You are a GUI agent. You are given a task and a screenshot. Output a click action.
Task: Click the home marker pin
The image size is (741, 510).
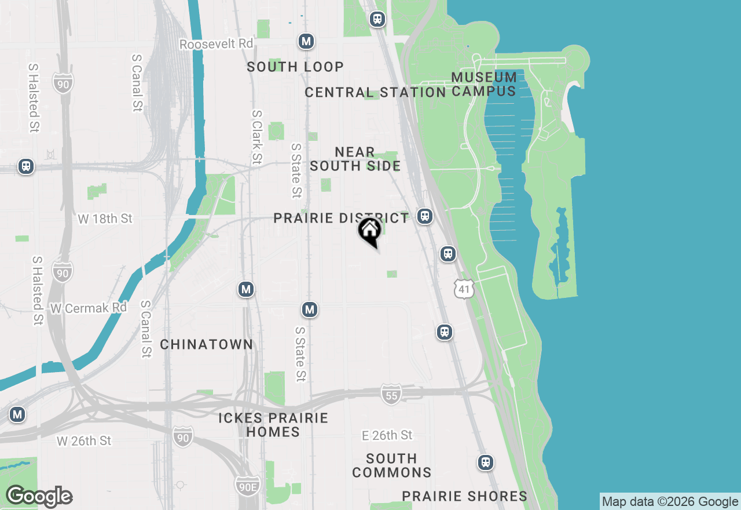(369, 231)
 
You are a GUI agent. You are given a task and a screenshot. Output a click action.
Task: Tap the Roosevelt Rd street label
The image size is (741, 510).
(217, 44)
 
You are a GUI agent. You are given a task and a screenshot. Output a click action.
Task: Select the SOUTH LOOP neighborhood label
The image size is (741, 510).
(295, 67)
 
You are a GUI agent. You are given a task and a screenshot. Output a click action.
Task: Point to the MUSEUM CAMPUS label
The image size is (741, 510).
(484, 84)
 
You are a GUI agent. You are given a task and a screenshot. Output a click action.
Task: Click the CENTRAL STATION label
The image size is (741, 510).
(375, 93)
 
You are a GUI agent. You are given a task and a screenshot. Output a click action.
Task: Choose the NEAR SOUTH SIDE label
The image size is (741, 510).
(355, 159)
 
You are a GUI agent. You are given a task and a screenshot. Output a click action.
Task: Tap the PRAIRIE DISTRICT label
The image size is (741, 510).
(341, 218)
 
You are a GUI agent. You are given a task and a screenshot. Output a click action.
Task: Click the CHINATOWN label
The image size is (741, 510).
(207, 345)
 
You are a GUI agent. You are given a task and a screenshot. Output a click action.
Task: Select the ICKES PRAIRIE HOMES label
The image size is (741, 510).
(273, 425)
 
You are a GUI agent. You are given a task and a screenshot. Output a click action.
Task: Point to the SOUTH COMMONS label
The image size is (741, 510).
(392, 465)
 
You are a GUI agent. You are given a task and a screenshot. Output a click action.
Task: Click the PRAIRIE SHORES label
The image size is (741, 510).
(465, 497)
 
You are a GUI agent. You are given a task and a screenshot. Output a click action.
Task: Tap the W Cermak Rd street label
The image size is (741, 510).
(88, 308)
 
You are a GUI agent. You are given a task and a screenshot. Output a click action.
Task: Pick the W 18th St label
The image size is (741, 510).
(105, 219)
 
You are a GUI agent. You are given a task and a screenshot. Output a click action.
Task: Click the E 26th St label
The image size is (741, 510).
(387, 435)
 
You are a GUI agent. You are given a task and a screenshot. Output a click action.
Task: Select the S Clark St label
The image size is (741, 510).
(257, 137)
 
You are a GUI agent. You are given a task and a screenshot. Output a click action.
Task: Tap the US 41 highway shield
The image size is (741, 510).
(464, 289)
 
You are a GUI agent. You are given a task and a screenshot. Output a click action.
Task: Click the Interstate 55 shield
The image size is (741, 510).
(391, 395)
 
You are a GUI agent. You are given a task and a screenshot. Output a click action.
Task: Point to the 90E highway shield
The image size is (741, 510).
(248, 486)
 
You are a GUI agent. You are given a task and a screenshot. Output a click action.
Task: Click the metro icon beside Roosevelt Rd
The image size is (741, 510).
(306, 42)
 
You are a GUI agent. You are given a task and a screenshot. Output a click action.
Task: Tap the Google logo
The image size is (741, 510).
(39, 497)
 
